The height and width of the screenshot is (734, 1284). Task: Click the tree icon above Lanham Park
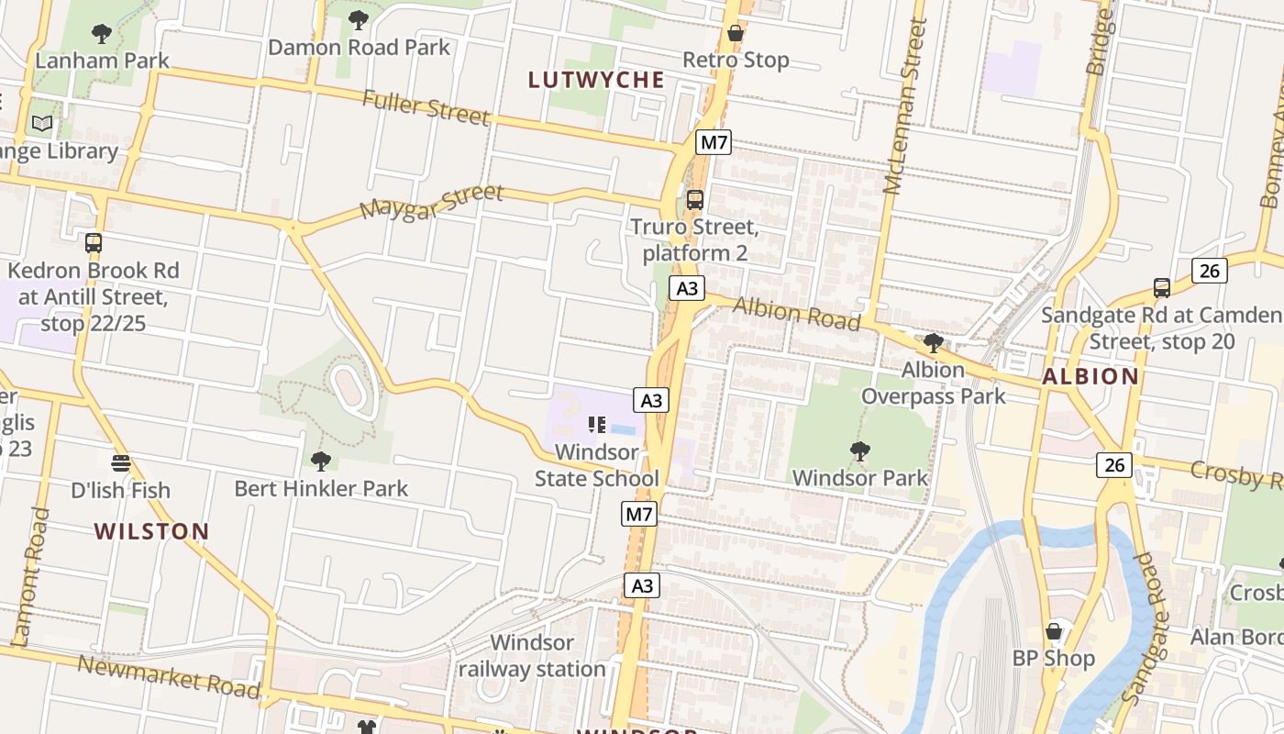coord(102,34)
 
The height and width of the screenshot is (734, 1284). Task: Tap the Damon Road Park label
coord(359,47)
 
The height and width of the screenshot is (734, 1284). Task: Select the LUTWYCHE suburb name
coord(596,80)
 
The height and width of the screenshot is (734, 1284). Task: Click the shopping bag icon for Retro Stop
coord(735,34)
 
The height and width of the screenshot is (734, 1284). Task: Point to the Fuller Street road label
coord(426,106)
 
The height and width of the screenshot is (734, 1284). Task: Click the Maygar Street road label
coord(431,202)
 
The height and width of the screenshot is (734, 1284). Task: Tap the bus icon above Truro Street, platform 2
coord(695,199)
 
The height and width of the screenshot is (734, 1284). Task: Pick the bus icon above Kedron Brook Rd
coord(94,243)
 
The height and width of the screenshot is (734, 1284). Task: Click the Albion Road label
coord(796,314)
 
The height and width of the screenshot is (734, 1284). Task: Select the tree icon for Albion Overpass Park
coord(933,344)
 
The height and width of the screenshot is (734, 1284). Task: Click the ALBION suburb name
coord(1090,376)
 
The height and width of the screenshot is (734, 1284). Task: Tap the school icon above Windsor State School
coord(597,425)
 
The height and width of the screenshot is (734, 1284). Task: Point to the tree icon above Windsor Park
coord(859,450)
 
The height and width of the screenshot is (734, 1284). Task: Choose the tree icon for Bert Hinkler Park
coord(320,461)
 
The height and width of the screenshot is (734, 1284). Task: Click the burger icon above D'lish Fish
coord(120,462)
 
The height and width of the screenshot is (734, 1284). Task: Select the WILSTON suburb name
coord(152,531)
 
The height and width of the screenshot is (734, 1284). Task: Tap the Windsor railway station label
coord(532,655)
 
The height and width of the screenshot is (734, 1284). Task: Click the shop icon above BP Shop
coord(1054,631)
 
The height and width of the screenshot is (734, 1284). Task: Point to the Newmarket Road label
coord(169,676)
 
